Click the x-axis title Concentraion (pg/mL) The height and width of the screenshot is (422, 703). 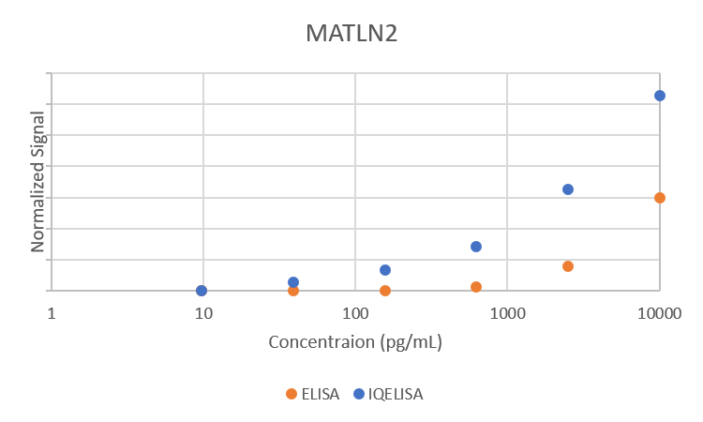pyautogui.click(x=355, y=341)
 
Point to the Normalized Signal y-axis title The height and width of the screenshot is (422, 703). pyautogui.click(x=38, y=182)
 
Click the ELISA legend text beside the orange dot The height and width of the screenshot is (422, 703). pyautogui.click(x=320, y=394)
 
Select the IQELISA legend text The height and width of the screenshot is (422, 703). pyautogui.click(x=396, y=394)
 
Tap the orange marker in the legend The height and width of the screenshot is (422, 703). pyautogui.click(x=292, y=394)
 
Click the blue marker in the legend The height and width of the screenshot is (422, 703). pyautogui.click(x=358, y=394)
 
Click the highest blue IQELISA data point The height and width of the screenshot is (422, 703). pyautogui.click(x=660, y=96)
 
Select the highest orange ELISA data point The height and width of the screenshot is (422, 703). pyautogui.click(x=660, y=198)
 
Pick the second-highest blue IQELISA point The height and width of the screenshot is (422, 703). pyautogui.click(x=568, y=189)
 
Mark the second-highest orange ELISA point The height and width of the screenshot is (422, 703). pyautogui.click(x=568, y=266)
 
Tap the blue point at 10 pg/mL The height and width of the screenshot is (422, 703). pyautogui.click(x=202, y=291)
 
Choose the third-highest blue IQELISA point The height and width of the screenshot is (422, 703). pyautogui.click(x=476, y=247)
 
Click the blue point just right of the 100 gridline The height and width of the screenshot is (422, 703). pyautogui.click(x=385, y=270)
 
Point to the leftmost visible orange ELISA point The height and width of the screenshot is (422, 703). pyautogui.click(x=293, y=291)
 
